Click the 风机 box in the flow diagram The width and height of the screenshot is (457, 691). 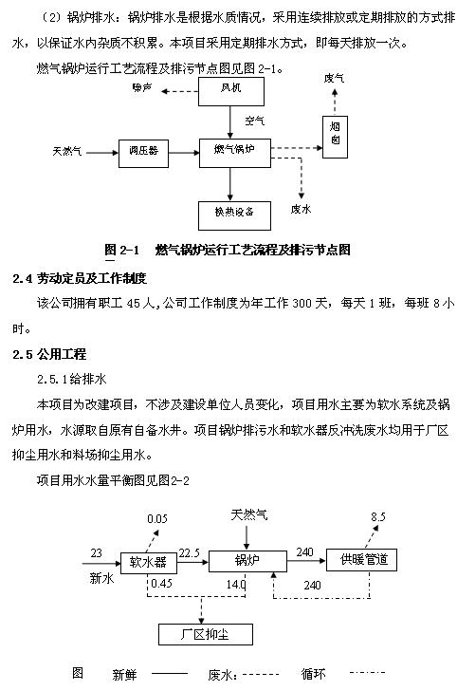click(231, 92)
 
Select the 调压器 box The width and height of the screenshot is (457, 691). click(143, 154)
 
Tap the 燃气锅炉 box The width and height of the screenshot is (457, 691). click(235, 153)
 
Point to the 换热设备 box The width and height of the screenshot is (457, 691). click(234, 216)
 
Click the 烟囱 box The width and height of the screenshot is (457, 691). click(335, 137)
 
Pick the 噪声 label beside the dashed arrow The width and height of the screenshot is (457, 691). click(142, 88)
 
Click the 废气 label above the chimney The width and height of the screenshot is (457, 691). click(334, 79)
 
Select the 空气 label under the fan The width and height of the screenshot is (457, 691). click(254, 121)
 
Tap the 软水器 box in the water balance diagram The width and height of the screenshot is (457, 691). click(148, 563)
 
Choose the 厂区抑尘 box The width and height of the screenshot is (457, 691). click(206, 634)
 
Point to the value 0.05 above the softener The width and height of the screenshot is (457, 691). click(157, 518)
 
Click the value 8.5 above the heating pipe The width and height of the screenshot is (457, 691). click(377, 517)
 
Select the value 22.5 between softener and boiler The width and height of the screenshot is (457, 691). click(190, 553)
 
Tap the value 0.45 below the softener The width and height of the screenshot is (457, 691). click(161, 584)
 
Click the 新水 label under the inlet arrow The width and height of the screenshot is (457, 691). click(101, 578)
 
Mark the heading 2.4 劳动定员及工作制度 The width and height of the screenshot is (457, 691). click(80, 278)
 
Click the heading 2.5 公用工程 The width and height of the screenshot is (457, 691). click(49, 354)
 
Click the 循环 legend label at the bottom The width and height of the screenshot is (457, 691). click(314, 674)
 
